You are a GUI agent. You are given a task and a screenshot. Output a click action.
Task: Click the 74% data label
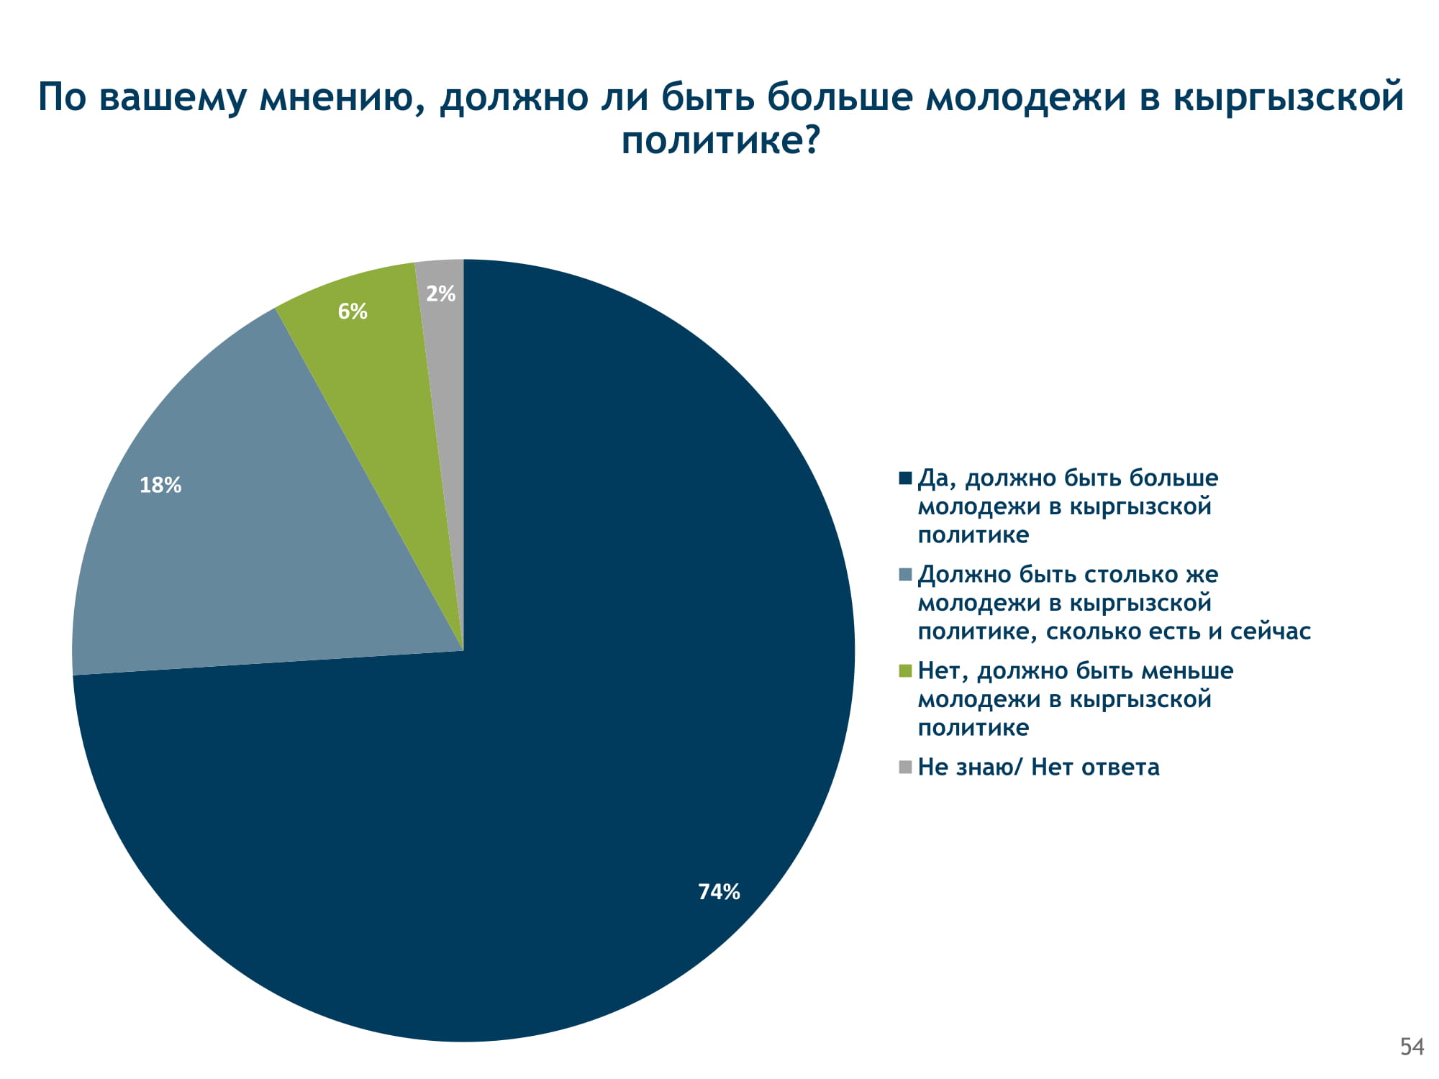(719, 892)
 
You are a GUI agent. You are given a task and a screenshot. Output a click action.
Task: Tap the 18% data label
(160, 486)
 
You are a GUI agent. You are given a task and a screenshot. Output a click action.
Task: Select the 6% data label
(353, 311)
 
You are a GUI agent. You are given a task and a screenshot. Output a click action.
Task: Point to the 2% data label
(440, 293)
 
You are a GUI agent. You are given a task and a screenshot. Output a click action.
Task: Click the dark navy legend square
(905, 478)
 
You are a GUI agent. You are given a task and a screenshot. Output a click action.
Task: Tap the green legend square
(905, 671)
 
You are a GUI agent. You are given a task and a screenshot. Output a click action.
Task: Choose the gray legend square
(905, 768)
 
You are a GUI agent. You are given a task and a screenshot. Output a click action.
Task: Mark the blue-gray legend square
(905, 575)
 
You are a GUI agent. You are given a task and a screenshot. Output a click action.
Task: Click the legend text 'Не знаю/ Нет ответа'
(1038, 768)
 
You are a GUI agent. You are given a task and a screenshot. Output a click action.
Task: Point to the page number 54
(1412, 1047)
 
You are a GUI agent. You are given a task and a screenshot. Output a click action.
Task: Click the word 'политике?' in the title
(720, 140)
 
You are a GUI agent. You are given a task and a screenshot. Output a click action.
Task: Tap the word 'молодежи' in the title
(1025, 97)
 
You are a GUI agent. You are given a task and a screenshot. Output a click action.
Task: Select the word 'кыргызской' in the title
(1288, 97)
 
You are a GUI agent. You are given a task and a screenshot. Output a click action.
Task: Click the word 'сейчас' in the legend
(1270, 632)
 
